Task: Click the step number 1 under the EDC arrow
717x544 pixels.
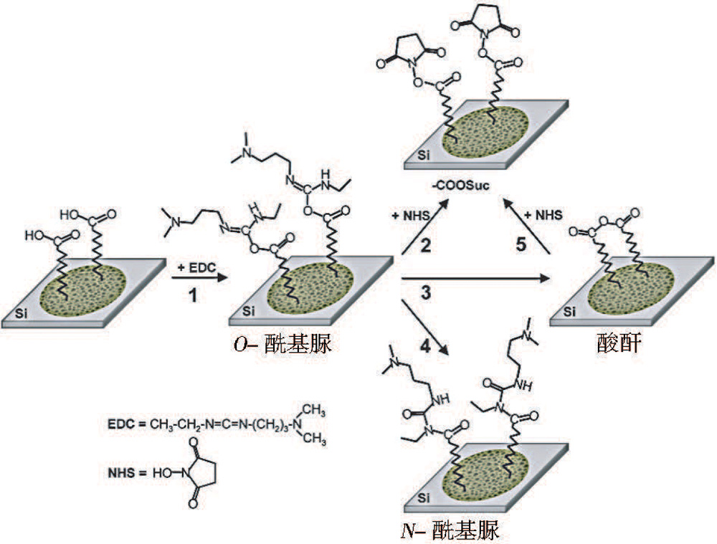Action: (191, 294)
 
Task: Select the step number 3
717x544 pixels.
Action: (426, 293)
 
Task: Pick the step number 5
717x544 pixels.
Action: (522, 244)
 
